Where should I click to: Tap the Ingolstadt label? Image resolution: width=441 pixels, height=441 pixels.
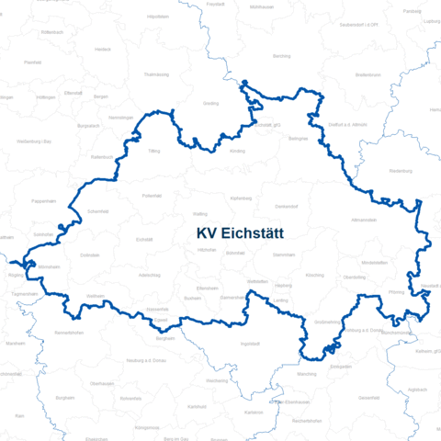pos(250,344)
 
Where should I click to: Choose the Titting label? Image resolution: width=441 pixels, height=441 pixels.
pos(153,150)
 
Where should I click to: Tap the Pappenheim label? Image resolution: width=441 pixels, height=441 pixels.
pos(44,200)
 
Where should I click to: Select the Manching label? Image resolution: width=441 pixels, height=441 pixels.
pos(308,374)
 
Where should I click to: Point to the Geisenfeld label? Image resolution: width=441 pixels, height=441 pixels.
pos(369,397)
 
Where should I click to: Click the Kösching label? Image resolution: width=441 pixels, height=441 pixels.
pos(314,275)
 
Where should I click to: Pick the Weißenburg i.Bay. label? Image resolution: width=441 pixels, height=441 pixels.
pos(33,141)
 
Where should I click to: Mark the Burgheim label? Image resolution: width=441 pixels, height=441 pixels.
pos(64,398)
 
